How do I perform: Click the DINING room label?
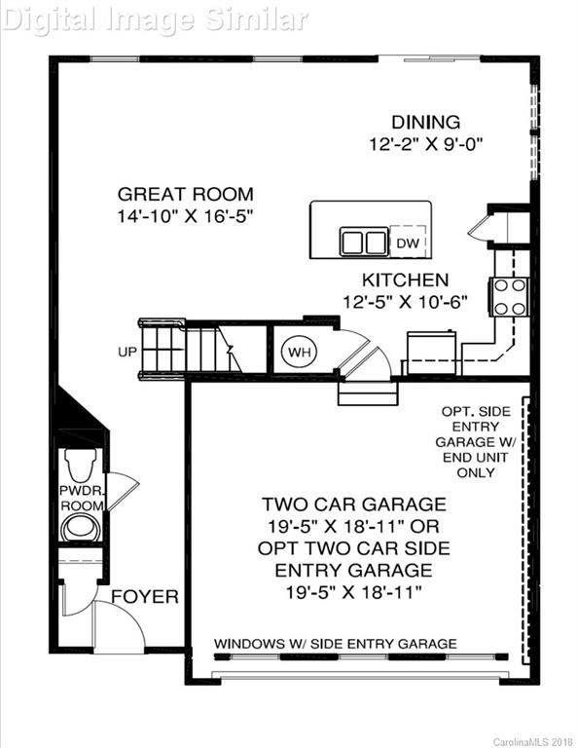tap(425, 122)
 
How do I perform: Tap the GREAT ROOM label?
tap(185, 194)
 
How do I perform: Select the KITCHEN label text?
tap(406, 280)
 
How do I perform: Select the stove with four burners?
tap(510, 297)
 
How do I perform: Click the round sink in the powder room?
tap(78, 527)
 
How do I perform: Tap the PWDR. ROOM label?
tap(81, 497)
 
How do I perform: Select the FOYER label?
tap(144, 596)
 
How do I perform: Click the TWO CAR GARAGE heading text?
tap(353, 505)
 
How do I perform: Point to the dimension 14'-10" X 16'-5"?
tap(185, 216)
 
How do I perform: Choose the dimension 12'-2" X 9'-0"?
tap(425, 144)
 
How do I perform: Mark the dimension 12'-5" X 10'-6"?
tap(406, 302)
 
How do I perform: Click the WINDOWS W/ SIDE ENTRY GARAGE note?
tap(335, 644)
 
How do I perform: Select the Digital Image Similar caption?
tap(156, 18)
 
